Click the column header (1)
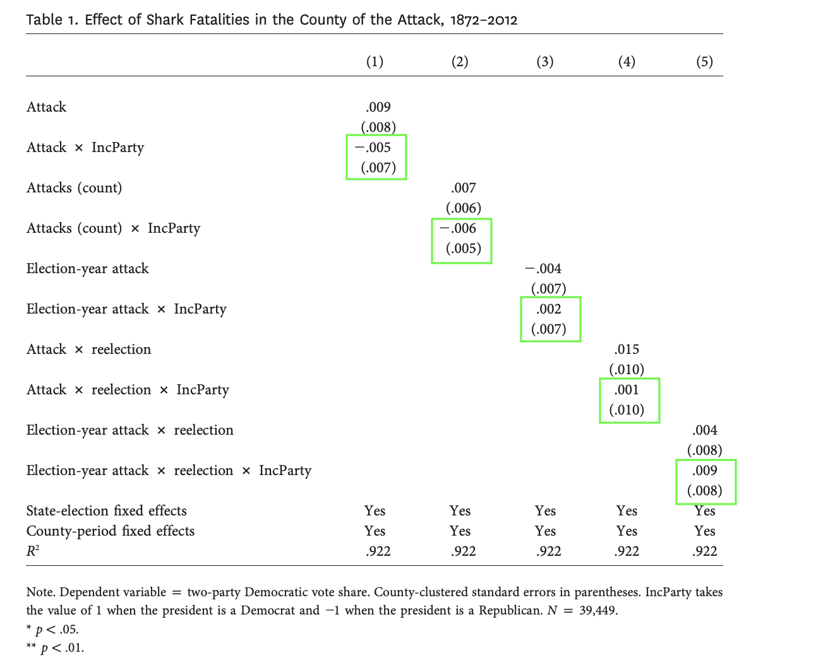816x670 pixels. tap(375, 61)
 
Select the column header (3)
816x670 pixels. tap(544, 61)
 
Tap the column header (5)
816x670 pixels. tap(704, 61)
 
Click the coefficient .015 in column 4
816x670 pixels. tap(627, 350)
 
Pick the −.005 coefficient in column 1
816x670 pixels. tap(373, 148)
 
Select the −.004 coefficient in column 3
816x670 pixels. tap(543, 269)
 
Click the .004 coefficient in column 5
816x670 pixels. tap(705, 430)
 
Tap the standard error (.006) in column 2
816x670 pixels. tap(464, 208)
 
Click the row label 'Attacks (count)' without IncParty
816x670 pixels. tap(75, 188)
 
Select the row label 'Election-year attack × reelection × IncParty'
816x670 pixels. tap(169, 471)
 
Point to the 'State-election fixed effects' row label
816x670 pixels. tap(106, 511)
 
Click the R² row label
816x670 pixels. tap(33, 551)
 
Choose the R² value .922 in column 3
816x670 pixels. tap(548, 551)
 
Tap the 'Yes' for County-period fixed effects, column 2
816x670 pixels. tap(460, 531)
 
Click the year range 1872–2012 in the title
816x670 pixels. tap(483, 20)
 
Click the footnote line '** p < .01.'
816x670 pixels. tap(55, 648)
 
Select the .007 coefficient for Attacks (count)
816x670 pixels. tap(464, 188)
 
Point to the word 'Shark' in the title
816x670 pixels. tap(165, 20)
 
